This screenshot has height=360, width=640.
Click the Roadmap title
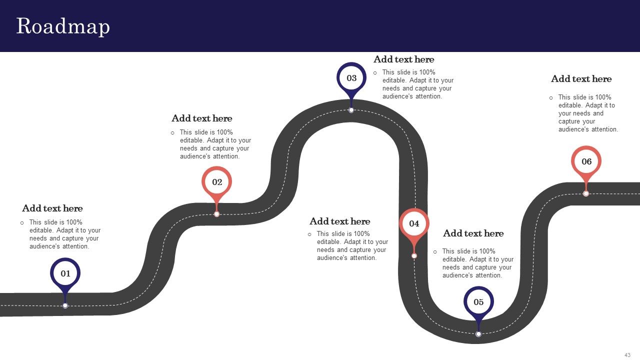click(x=63, y=26)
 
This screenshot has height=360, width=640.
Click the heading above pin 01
click(x=52, y=208)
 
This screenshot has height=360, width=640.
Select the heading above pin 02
click(x=201, y=118)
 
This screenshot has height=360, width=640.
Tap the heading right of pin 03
click(x=403, y=59)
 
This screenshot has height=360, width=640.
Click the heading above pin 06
click(x=581, y=79)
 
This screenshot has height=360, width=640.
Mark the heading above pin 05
click(x=473, y=233)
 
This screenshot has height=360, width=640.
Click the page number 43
click(x=627, y=355)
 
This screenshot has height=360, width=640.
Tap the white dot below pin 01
click(x=65, y=305)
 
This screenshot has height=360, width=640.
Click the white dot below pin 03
click(x=351, y=110)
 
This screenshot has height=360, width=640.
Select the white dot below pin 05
click(x=478, y=334)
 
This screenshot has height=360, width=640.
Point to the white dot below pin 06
click(x=586, y=193)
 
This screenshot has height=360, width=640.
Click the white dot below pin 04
click(x=414, y=256)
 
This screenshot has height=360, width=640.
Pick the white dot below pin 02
click(x=216, y=214)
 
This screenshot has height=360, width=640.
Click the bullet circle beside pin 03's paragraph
click(x=375, y=73)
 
